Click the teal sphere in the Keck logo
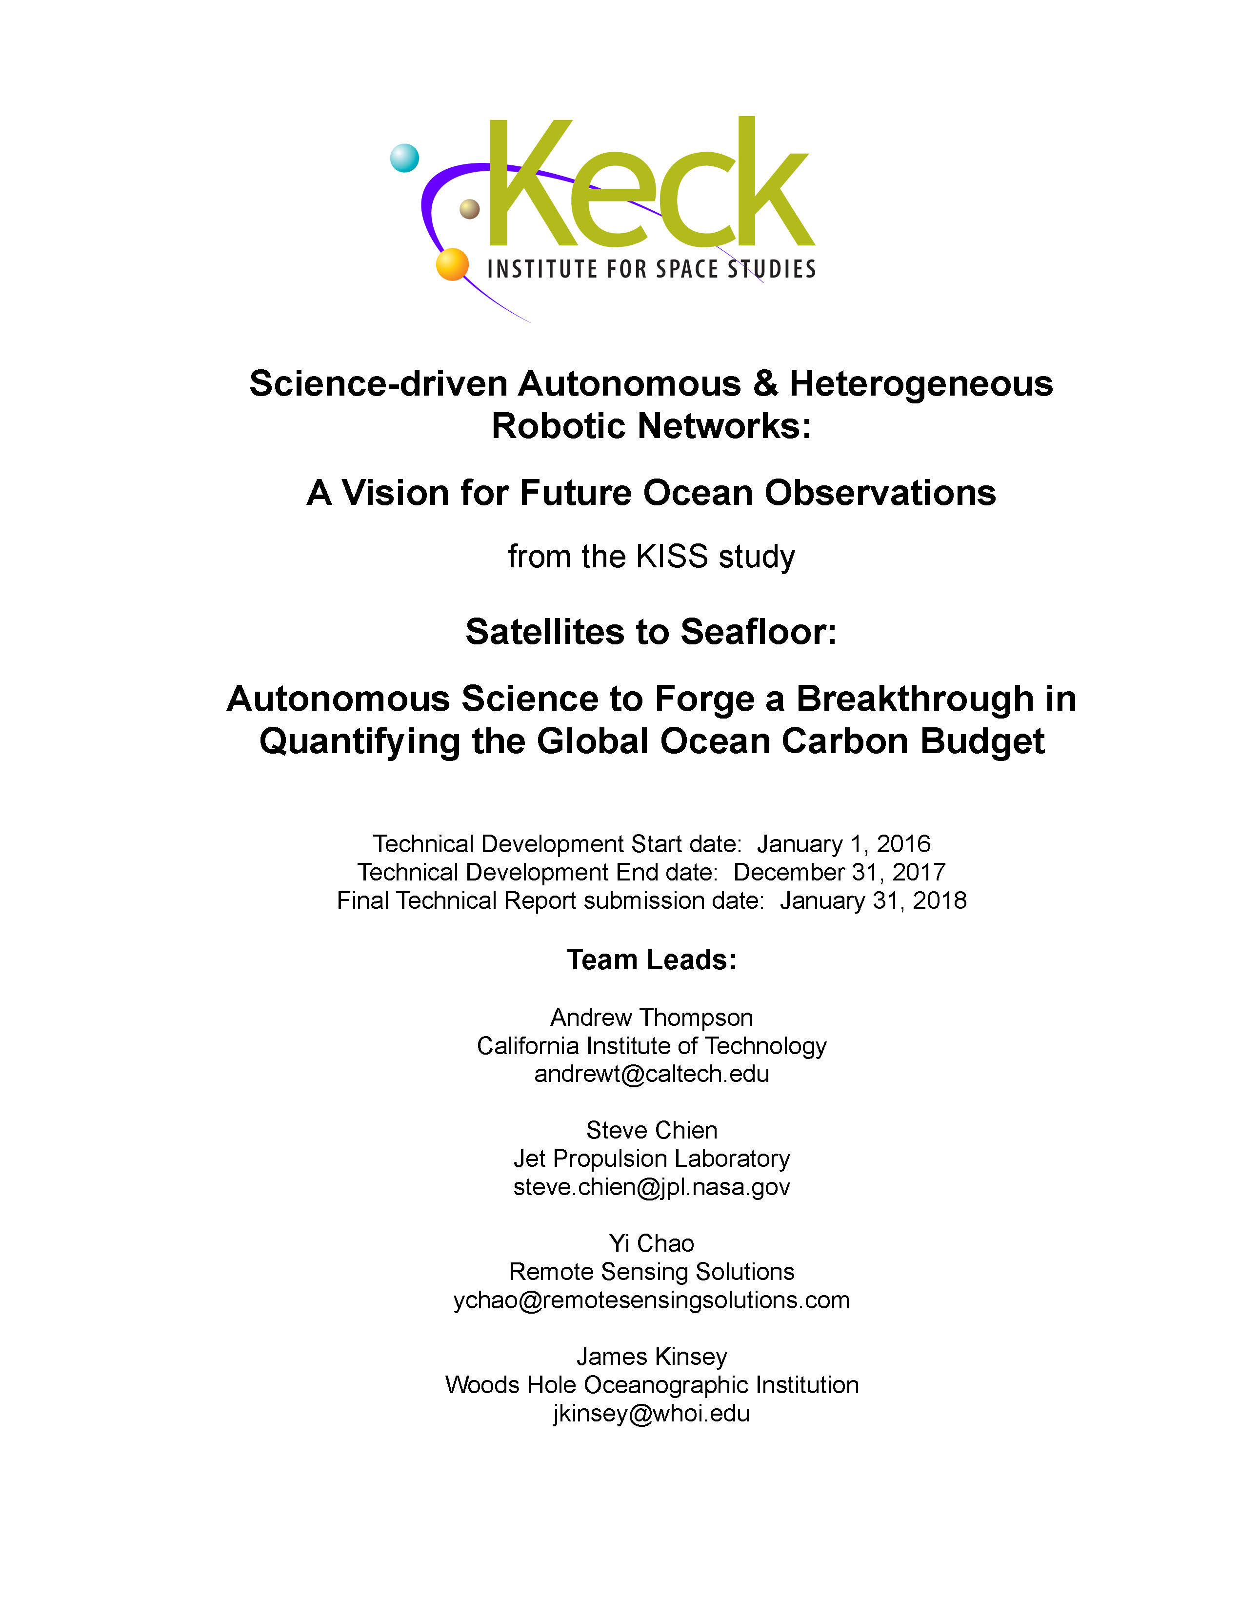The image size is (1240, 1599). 404,158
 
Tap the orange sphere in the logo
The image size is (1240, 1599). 452,264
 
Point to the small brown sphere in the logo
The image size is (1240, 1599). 469,209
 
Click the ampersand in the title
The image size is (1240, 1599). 765,383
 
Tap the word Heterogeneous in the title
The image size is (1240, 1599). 921,383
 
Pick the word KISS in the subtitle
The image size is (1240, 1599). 672,557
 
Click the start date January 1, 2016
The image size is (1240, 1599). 843,844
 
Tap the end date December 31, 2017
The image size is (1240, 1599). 839,872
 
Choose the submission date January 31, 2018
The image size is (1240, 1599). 873,900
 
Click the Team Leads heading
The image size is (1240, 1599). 652,960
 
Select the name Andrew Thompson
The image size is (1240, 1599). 652,1018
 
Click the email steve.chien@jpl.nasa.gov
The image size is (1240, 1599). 652,1187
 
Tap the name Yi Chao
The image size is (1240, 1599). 652,1243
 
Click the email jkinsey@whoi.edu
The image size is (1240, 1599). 652,1413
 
